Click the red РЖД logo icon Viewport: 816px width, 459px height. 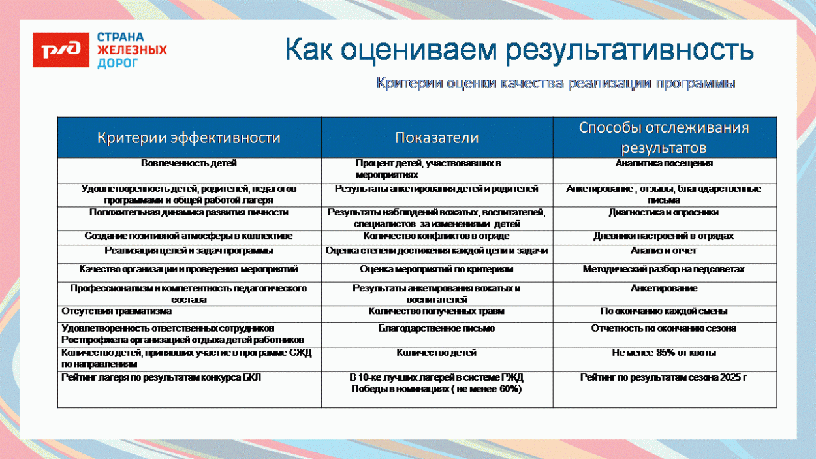point(62,50)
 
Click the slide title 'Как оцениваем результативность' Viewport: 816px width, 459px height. point(519,50)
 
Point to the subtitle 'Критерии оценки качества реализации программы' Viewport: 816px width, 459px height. point(556,84)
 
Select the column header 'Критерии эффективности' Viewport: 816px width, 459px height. point(189,138)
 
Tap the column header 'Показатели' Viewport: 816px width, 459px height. point(437,138)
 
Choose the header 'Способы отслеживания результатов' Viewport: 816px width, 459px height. point(664,137)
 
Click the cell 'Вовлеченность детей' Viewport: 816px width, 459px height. point(189,163)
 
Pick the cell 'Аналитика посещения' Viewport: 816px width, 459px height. point(664,163)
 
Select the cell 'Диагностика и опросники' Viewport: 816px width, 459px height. point(664,212)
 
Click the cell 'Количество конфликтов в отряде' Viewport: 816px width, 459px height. point(437,236)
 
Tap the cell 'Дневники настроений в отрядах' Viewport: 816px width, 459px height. point(664,236)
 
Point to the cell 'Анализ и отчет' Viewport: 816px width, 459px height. point(664,251)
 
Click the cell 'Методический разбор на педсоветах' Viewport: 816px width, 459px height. point(664,269)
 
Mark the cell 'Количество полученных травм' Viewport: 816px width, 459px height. point(437,311)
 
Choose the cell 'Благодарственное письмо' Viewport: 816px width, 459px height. point(437,328)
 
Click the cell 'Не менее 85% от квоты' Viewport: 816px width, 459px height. point(664,353)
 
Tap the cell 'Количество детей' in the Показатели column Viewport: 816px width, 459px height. point(437,353)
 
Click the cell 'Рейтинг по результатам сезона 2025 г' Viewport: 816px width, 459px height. point(664,377)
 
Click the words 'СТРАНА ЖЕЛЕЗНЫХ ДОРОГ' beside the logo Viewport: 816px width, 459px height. point(132,50)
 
